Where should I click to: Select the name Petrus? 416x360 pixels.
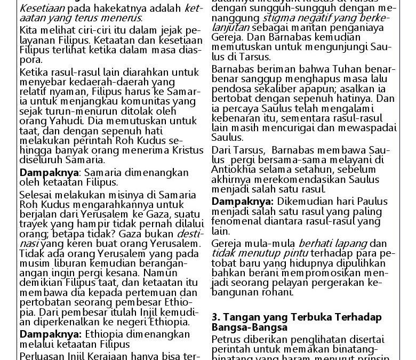226,339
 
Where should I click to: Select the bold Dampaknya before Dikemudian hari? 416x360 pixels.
242,202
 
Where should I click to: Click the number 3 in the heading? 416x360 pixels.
215,317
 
